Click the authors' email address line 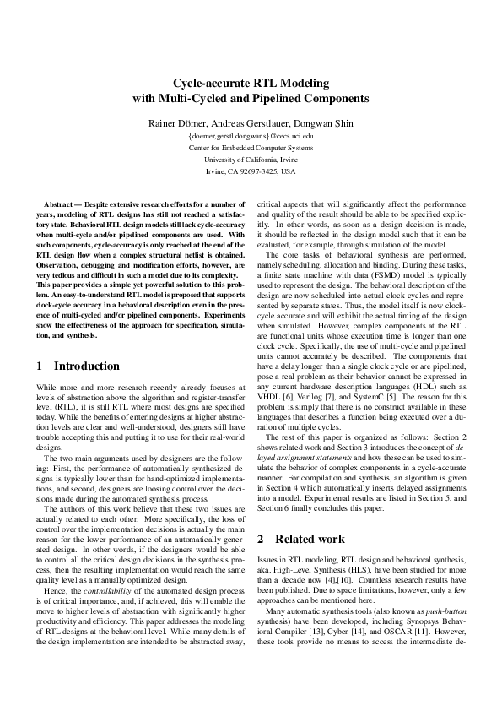pyautogui.click(x=251, y=135)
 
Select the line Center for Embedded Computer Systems pyautogui.click(x=251, y=147)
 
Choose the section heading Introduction pyautogui.click(x=87, y=366)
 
